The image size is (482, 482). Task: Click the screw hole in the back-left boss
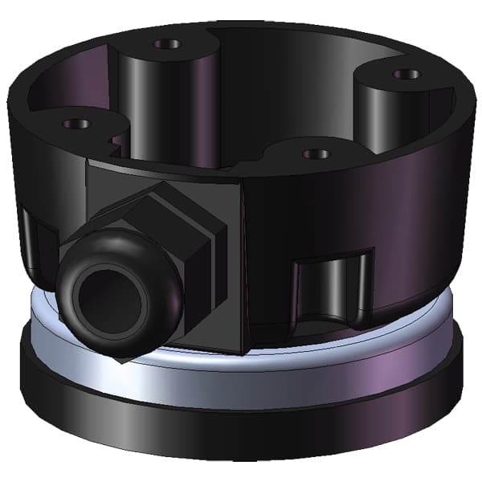(168, 43)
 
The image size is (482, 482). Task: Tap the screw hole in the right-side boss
(406, 74)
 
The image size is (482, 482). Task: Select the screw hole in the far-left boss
(78, 125)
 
